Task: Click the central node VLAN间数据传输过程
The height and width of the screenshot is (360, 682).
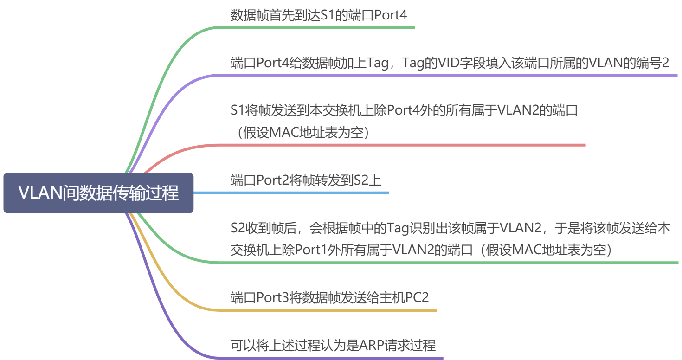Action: pos(98,193)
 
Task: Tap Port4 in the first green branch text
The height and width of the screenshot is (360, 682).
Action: pos(390,15)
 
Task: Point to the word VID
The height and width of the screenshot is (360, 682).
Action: pos(448,63)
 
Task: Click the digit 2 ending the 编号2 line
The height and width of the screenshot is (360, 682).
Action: pos(665,63)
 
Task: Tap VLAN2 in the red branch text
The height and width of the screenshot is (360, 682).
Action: pos(518,110)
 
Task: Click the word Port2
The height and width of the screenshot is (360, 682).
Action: pos(272,180)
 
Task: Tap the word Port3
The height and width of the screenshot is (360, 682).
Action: pos(272,297)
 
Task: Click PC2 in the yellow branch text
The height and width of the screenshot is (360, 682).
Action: pos(417,297)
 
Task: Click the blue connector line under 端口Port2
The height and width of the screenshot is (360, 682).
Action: pos(291,193)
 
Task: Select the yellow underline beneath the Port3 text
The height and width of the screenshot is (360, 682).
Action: pos(327,310)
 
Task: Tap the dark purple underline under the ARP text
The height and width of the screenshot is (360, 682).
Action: pos(330,358)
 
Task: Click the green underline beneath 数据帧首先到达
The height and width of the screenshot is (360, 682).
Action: pos(316,28)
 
